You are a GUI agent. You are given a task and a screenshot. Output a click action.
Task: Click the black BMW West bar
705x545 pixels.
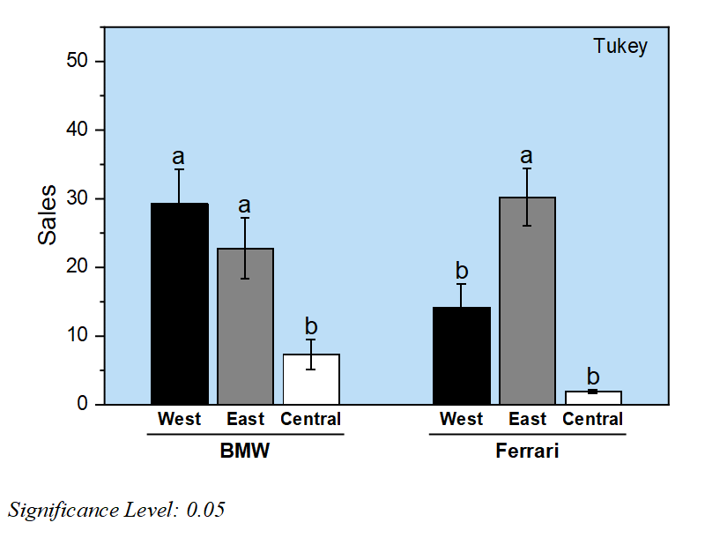tap(180, 303)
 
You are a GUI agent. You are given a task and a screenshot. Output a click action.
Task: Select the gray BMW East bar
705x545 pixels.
tap(246, 326)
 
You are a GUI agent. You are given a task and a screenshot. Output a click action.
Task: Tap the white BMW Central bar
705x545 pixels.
tap(311, 379)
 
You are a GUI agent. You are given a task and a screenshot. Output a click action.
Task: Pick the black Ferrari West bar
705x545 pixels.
tap(461, 355)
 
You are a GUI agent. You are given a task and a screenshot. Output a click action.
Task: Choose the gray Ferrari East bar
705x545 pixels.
tap(527, 301)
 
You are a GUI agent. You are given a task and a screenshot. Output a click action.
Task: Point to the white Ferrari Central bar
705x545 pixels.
tap(593, 398)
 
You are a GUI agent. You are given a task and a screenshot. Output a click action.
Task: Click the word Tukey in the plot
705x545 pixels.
tap(620, 47)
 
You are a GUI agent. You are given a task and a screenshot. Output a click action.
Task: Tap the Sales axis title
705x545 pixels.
tap(47, 214)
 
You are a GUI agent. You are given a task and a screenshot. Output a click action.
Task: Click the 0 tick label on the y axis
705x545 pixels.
tap(85, 405)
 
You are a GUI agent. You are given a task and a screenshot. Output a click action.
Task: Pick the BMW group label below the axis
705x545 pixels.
tap(245, 452)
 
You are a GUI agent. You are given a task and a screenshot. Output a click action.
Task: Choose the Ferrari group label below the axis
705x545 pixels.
tap(527, 452)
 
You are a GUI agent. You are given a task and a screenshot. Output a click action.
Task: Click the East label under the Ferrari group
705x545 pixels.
tap(527, 420)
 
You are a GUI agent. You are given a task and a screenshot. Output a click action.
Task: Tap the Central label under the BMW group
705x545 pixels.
tap(310, 420)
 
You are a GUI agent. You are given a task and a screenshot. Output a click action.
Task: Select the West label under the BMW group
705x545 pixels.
tap(180, 420)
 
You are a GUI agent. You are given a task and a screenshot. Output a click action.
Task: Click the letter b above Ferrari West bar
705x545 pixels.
tap(461, 270)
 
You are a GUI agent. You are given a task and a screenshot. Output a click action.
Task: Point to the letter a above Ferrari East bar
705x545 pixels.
tap(527, 157)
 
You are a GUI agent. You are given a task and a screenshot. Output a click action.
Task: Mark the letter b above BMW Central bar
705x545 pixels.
tap(311, 326)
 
